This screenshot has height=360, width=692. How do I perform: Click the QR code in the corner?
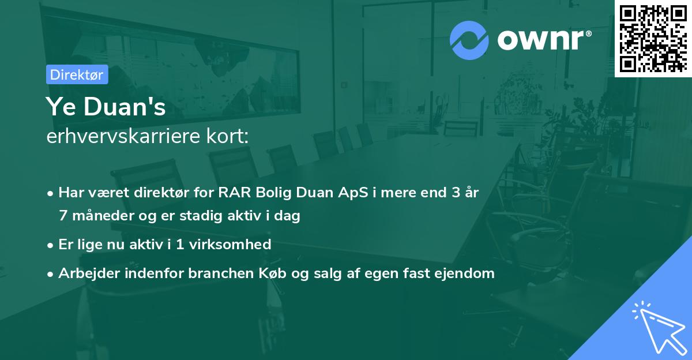[653, 39]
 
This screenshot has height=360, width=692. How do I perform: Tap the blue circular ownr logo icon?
[469, 40]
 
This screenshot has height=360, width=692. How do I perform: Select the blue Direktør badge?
[77, 75]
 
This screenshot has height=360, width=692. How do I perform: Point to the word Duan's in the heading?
[125, 107]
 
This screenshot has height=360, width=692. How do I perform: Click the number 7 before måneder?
[63, 216]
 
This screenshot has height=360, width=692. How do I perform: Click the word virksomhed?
[230, 245]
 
